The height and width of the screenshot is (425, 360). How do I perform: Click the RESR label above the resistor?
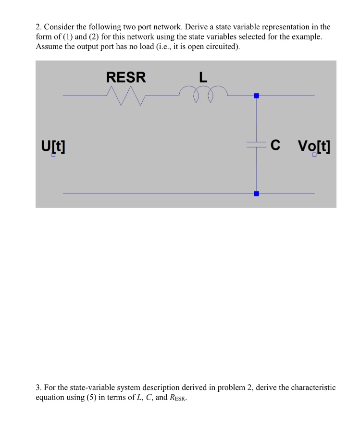point(126,77)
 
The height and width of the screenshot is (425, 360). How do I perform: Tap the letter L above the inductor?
point(203,77)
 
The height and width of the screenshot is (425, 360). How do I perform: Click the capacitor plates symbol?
point(256,145)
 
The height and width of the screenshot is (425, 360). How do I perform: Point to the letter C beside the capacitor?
point(275,145)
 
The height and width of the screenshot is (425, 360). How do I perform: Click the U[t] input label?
point(53,146)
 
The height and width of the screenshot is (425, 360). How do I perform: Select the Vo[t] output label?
point(314,146)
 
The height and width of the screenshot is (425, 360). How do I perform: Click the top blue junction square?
point(256,96)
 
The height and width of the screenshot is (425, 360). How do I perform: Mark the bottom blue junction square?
point(256,194)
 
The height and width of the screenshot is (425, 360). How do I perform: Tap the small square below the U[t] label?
point(54,155)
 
